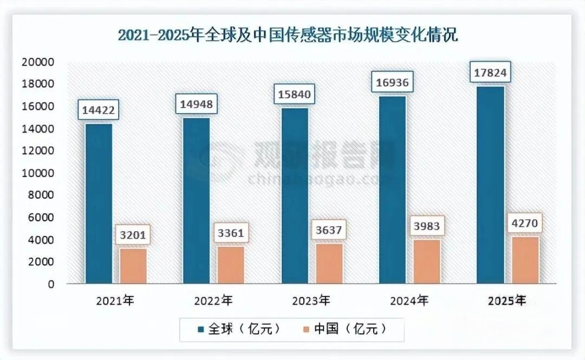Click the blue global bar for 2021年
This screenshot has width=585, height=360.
point(99,203)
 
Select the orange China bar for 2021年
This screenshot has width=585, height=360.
point(133,265)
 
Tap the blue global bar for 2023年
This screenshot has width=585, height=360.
point(295,195)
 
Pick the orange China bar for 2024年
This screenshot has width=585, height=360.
point(427,261)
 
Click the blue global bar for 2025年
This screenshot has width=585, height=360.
point(491,184)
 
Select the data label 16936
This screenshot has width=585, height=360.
point(393,83)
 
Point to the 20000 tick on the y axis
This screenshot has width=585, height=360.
point(37,62)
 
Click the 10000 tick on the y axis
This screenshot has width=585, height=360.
point(37,173)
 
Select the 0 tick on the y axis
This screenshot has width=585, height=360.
point(51,284)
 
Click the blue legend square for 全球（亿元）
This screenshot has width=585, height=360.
point(201,329)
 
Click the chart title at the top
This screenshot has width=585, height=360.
point(288,36)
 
